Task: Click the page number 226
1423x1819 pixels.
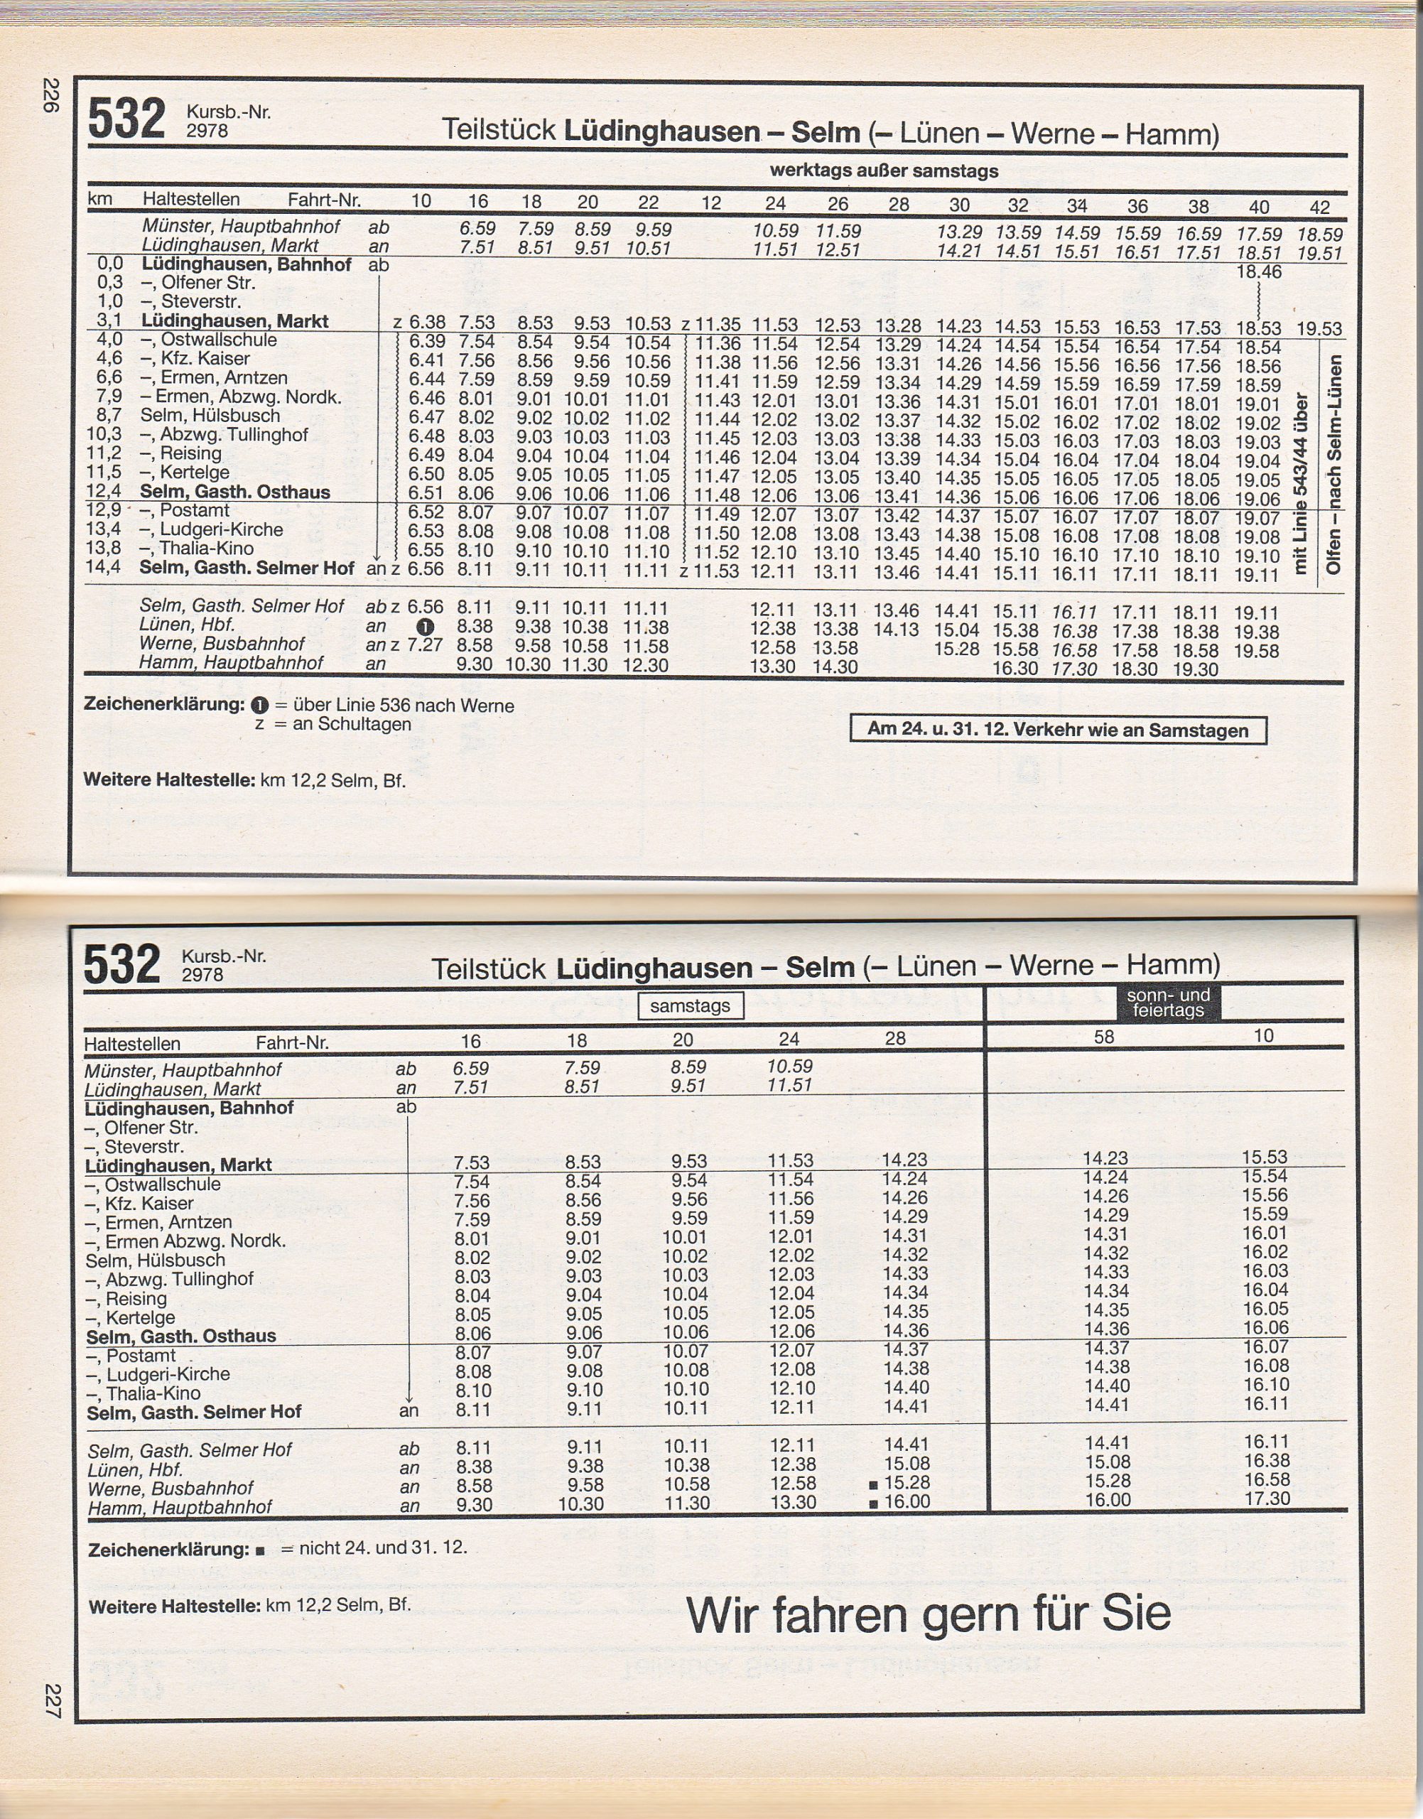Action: click(52, 95)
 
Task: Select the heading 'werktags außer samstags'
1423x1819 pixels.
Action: click(883, 171)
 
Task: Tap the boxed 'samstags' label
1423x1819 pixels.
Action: click(690, 1005)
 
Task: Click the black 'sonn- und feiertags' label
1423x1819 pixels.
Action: click(1167, 1003)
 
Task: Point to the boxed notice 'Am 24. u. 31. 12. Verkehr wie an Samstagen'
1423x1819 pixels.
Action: click(1057, 730)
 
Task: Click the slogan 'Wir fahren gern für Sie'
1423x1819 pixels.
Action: click(928, 1614)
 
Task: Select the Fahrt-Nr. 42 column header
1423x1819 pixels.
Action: click(1319, 207)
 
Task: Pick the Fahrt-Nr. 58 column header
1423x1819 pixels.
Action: click(1104, 1037)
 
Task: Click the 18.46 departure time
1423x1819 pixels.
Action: click(1258, 271)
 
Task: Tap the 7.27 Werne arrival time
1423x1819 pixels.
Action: click(426, 645)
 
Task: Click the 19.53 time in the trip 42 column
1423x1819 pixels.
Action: click(1319, 329)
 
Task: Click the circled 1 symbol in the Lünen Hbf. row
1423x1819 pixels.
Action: click(425, 627)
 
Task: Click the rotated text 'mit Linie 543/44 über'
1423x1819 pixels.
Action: click(1299, 483)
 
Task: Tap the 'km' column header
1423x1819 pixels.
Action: click(100, 198)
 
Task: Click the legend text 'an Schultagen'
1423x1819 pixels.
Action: click(351, 724)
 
